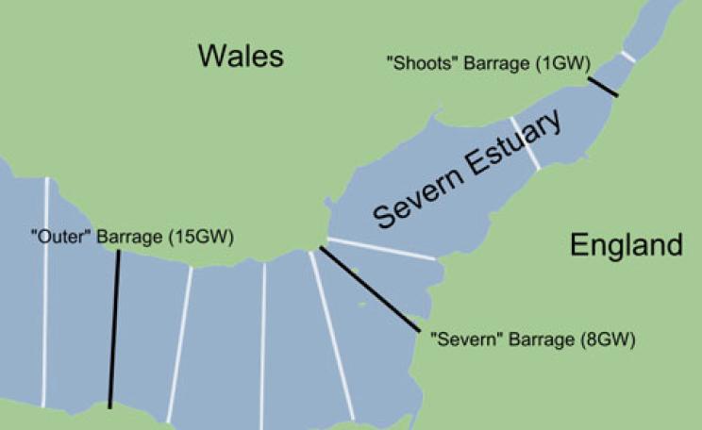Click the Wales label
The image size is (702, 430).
[240, 56]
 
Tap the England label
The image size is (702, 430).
[626, 245]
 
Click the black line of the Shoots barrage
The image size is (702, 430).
[602, 87]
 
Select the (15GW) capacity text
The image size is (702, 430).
[199, 237]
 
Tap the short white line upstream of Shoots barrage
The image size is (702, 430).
[627, 57]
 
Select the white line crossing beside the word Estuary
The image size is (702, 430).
[525, 143]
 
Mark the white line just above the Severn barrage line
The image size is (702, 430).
[381, 248]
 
